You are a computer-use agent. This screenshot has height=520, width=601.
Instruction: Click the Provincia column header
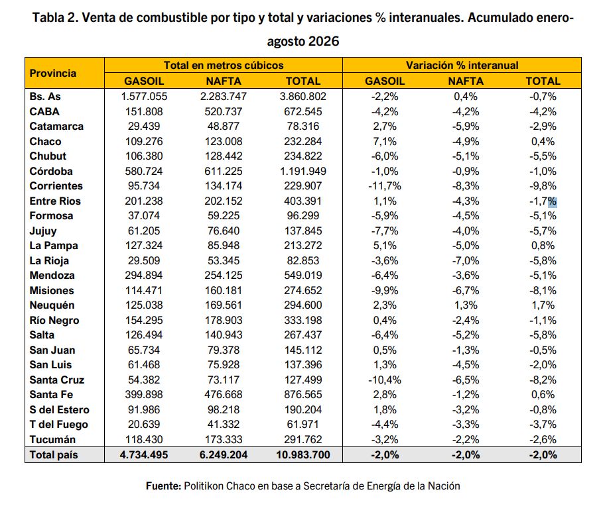click(53, 73)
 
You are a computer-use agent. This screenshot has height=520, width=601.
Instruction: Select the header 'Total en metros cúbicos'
click(224, 66)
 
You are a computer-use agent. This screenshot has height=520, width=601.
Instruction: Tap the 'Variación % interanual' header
click(462, 66)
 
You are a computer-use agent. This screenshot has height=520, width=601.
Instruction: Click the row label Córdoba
click(51, 171)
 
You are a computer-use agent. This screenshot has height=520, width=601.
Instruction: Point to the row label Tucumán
click(52, 439)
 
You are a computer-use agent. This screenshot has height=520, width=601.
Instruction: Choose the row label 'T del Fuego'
click(58, 425)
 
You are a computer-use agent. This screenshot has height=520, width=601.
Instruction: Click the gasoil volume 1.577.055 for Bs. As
click(144, 97)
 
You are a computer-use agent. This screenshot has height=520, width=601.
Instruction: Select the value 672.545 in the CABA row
click(302, 112)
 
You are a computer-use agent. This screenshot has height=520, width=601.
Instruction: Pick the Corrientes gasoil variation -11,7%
click(385, 186)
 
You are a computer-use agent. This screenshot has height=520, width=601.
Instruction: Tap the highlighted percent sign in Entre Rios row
click(553, 201)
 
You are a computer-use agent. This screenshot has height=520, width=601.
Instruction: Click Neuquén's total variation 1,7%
click(543, 305)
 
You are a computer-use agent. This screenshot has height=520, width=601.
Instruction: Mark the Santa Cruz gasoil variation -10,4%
click(385, 380)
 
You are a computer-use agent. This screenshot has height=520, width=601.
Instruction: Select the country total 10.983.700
click(302, 455)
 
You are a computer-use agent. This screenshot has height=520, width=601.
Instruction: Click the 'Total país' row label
click(54, 455)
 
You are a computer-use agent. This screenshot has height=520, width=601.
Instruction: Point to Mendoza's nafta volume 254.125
click(224, 276)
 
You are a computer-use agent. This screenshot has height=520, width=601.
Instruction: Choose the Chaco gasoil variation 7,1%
click(385, 142)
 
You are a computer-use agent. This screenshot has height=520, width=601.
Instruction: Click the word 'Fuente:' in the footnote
click(163, 486)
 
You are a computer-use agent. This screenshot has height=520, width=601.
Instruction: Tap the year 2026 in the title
click(324, 41)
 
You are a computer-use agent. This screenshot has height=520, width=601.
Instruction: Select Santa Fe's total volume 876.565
click(302, 395)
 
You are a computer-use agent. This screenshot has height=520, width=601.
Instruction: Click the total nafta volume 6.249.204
click(224, 455)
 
